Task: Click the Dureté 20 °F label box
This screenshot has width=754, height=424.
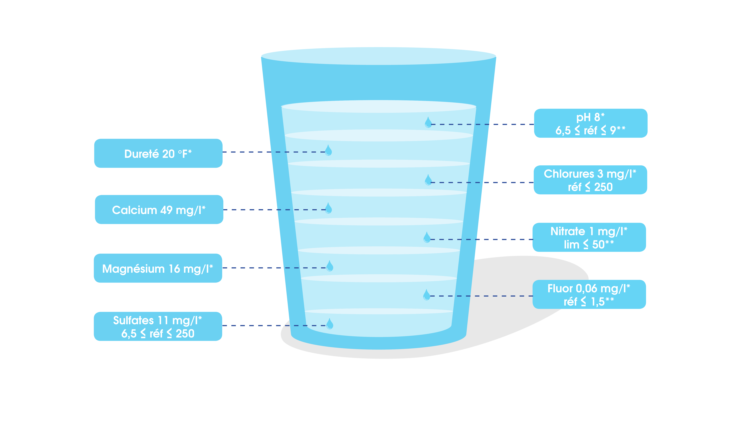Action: (158, 153)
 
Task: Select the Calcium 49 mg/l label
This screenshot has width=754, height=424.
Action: (159, 210)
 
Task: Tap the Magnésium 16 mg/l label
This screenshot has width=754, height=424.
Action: (158, 268)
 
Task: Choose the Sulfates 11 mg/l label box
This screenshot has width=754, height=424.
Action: (158, 326)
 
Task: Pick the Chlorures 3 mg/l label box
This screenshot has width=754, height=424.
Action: (590, 180)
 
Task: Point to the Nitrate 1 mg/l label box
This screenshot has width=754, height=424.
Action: (589, 237)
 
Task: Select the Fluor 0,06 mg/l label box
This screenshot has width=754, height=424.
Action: (589, 294)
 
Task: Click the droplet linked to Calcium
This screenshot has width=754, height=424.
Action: (328, 208)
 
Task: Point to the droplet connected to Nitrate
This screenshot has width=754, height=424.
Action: (427, 237)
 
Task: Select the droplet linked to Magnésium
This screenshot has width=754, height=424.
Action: (330, 266)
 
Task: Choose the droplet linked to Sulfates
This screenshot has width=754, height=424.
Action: (330, 324)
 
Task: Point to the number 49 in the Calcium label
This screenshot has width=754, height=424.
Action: (166, 210)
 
